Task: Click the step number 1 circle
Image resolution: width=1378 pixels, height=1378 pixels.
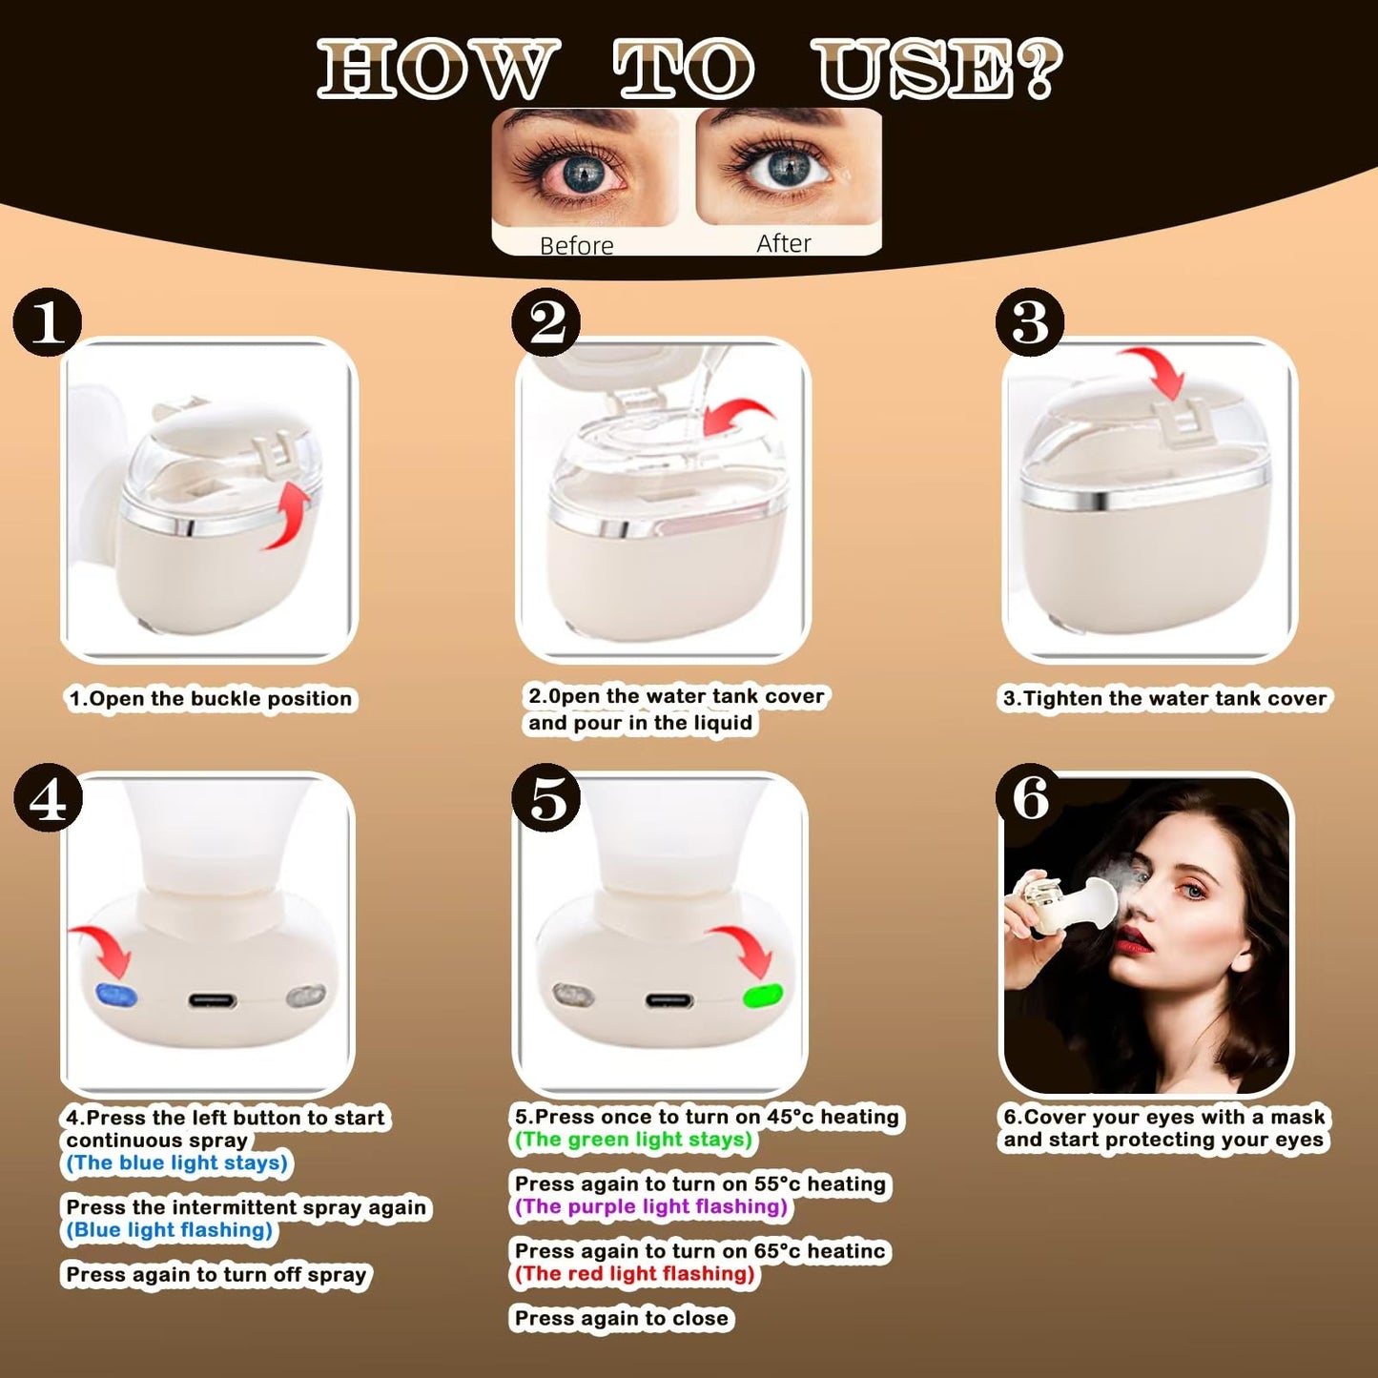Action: (x=48, y=322)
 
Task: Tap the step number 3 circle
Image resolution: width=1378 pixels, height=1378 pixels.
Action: (x=1030, y=322)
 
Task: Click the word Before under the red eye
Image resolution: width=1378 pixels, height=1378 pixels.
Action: (x=576, y=245)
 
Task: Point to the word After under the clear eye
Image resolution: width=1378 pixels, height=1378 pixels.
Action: (x=783, y=243)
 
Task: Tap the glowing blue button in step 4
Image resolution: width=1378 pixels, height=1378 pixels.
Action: (x=117, y=997)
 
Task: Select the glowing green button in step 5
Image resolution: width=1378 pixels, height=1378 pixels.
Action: (x=763, y=997)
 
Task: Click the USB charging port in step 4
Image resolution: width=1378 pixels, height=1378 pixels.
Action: (x=212, y=1000)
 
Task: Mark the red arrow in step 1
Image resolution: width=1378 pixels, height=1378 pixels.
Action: (x=290, y=516)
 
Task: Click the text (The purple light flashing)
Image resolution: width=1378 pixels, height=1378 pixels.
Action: (x=651, y=1206)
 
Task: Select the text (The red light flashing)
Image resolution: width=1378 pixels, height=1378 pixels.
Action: (x=635, y=1274)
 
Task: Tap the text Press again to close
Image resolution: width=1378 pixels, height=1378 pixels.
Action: (x=622, y=1319)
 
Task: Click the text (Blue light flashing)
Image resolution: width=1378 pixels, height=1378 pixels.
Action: (x=170, y=1230)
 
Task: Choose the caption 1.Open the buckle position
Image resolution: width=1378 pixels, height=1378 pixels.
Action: (x=211, y=699)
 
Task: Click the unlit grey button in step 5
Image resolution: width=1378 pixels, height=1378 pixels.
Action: (x=573, y=996)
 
